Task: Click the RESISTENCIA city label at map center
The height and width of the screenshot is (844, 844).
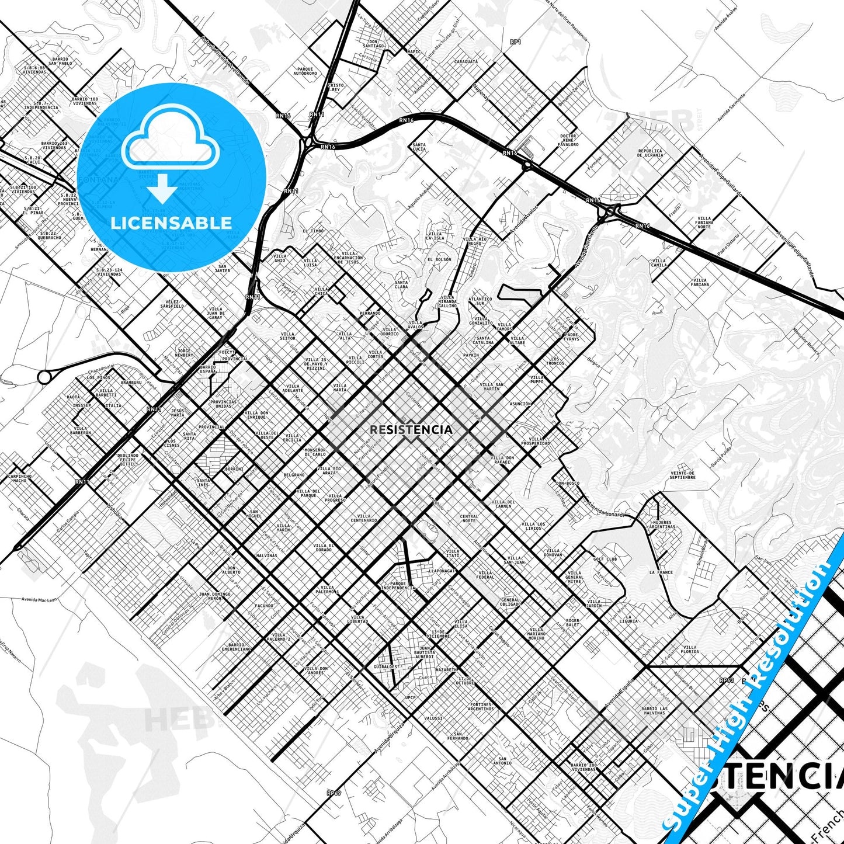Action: pos(411,430)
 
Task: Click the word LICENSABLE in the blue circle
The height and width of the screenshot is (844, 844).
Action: pos(171,223)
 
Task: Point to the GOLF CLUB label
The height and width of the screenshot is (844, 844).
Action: pos(605,559)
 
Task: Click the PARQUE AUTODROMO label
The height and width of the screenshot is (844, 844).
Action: pos(305,71)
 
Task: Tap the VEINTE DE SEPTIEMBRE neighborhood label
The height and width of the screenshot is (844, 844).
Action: pos(682,475)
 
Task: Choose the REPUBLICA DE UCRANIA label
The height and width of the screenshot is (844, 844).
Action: pos(650,152)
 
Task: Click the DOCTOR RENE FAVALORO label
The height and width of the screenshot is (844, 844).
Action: pos(568,140)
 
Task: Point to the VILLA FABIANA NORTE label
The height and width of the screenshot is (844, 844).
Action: pos(704,223)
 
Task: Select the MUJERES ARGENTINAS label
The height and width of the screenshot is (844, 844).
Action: pos(662,525)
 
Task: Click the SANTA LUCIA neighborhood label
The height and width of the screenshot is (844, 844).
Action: pos(419,147)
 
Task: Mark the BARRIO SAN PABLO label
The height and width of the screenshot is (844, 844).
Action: pos(60,61)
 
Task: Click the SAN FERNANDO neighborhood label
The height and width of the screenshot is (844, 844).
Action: pos(458,736)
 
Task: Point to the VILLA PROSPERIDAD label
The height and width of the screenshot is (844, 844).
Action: pos(536,441)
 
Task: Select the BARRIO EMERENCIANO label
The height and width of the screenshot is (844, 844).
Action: pos(236,647)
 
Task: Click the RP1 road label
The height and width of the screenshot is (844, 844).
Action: pos(515,42)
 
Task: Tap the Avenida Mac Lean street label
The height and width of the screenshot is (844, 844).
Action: pos(39,599)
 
